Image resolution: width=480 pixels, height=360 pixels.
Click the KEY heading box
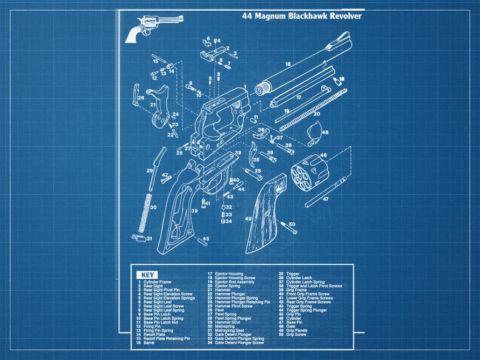(145, 274)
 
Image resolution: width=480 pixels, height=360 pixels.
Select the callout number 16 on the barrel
(288, 65)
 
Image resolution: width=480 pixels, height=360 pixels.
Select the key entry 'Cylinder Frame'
(157, 282)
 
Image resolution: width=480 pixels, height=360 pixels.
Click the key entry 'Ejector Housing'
(229, 274)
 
